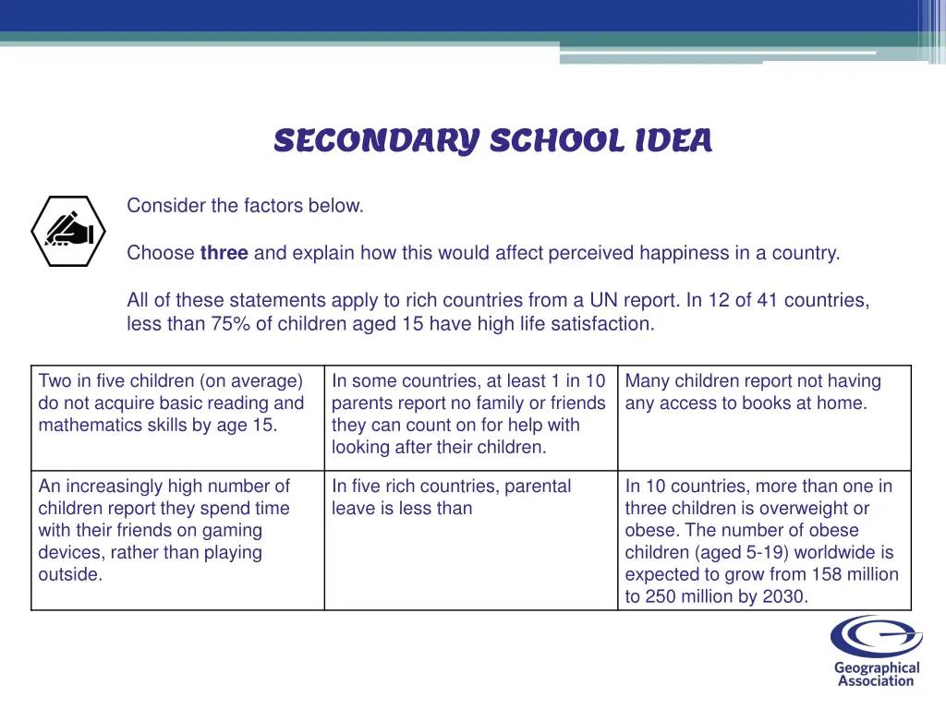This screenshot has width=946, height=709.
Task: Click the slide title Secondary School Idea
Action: pyautogui.click(x=492, y=141)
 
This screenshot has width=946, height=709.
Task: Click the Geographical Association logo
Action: pyautogui.click(x=877, y=651)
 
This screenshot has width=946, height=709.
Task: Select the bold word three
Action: pyautogui.click(x=224, y=253)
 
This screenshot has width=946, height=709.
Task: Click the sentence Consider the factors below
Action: pyautogui.click(x=245, y=206)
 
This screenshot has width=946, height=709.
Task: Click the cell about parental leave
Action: pyautogui.click(x=470, y=540)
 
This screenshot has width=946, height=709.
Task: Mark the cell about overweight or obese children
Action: pyautogui.click(x=764, y=540)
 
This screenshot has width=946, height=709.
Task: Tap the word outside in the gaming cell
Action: pyautogui.click(x=69, y=575)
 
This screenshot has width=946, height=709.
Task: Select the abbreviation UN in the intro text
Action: pyautogui.click(x=603, y=301)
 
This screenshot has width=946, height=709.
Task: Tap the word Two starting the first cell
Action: pyautogui.click(x=54, y=381)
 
